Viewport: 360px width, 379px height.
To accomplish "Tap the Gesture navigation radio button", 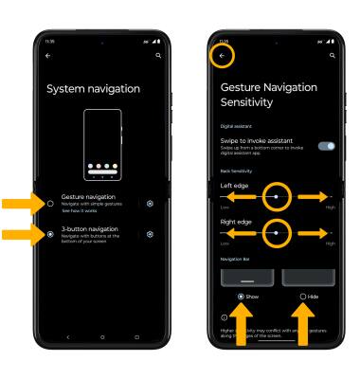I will pyautogui.click(x=49, y=203).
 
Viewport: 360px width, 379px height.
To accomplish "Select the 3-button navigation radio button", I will pyautogui.click(x=49, y=234).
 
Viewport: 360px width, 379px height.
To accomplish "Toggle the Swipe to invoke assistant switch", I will pyautogui.click(x=327, y=147).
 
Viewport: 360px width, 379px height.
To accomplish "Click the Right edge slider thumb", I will pyautogui.click(x=275, y=230).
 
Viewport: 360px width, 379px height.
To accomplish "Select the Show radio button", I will pyautogui.click(x=242, y=296).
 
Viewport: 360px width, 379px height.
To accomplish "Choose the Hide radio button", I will pyautogui.click(x=303, y=296).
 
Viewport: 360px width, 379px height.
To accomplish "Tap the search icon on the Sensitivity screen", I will pyautogui.click(x=331, y=56).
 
